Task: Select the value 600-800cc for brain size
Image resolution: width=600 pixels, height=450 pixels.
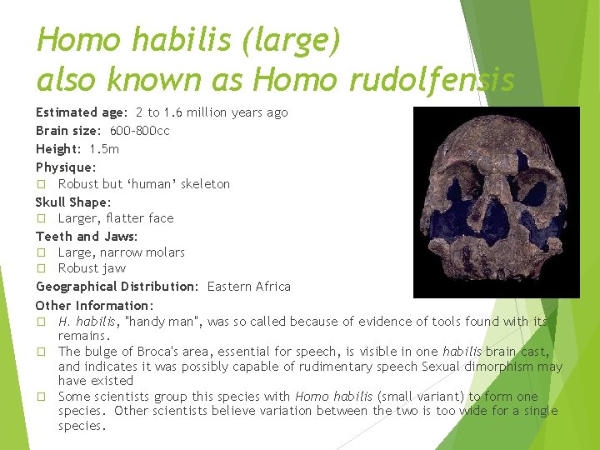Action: [x=140, y=131]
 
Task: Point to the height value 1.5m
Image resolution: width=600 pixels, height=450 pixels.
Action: [x=104, y=149]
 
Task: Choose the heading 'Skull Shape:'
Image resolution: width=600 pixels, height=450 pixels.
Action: [x=73, y=202]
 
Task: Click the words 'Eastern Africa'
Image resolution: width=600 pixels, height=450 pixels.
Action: [x=249, y=287]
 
